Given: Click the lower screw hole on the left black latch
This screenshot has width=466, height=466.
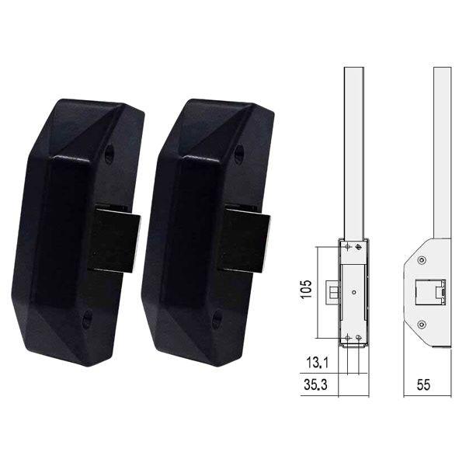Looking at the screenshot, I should [87, 315].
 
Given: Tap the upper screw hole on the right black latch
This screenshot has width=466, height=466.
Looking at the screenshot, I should [238, 155].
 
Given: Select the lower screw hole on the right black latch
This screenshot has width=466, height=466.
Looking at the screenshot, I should [217, 317].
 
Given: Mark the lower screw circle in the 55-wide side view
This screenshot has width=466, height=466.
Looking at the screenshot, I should [422, 323].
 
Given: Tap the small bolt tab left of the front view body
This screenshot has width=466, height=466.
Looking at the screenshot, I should [335, 292].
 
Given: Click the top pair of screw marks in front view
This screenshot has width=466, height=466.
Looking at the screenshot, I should [352, 247].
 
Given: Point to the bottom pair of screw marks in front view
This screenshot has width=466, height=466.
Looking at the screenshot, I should [352, 337].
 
